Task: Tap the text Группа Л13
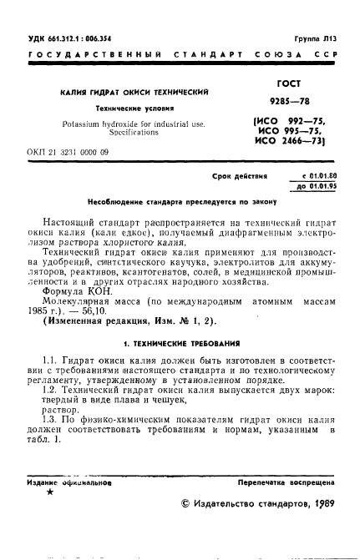tap(317, 39)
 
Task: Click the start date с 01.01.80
tap(317, 177)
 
